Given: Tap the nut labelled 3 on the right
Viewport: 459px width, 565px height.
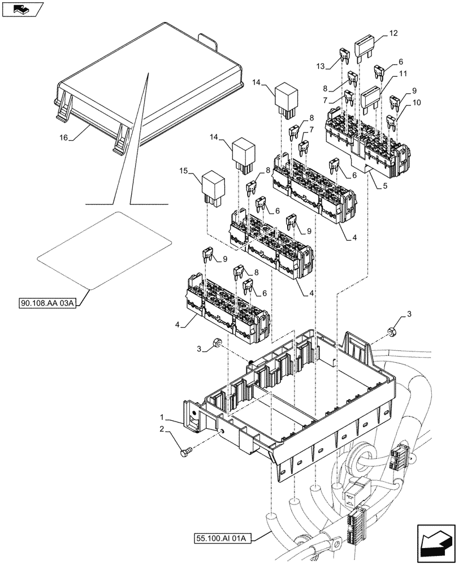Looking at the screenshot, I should pos(391,331).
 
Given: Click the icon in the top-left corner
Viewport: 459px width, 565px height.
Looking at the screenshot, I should pos(21,9).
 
